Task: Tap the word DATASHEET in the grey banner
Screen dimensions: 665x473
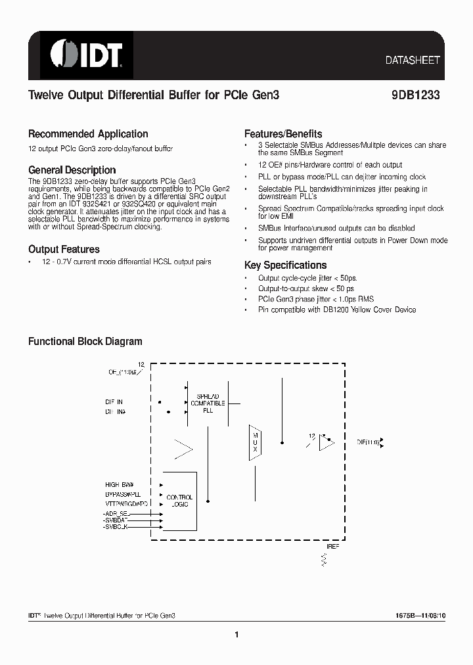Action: (x=412, y=60)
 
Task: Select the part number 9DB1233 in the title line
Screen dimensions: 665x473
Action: (x=411, y=95)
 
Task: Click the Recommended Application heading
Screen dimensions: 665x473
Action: (x=88, y=133)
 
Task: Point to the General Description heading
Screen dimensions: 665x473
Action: (x=72, y=170)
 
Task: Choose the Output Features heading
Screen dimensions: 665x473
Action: (x=64, y=249)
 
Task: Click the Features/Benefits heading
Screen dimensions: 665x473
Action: (x=283, y=133)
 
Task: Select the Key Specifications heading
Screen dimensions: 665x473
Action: (x=285, y=265)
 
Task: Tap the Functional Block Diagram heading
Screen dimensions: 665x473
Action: (x=85, y=341)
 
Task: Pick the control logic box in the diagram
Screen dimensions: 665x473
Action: (x=179, y=501)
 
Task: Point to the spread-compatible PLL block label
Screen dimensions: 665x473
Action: (x=208, y=402)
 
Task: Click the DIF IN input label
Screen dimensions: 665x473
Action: (x=114, y=401)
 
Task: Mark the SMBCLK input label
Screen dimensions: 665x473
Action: (x=117, y=528)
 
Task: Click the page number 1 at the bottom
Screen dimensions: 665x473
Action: (x=236, y=634)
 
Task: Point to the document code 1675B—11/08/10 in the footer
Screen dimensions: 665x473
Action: (x=415, y=615)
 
